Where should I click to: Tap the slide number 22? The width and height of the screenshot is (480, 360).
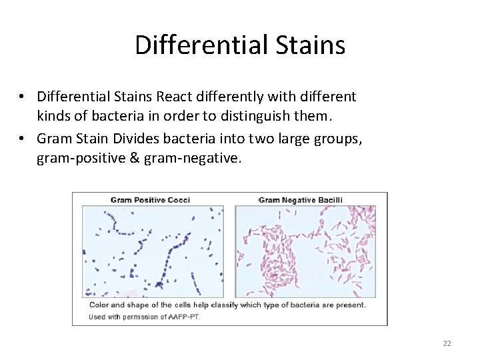tap(447, 343)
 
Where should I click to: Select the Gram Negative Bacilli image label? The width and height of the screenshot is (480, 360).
tap(300, 199)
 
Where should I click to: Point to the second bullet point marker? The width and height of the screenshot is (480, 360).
tap(22, 139)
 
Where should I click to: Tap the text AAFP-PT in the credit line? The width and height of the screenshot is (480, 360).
tap(184, 317)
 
